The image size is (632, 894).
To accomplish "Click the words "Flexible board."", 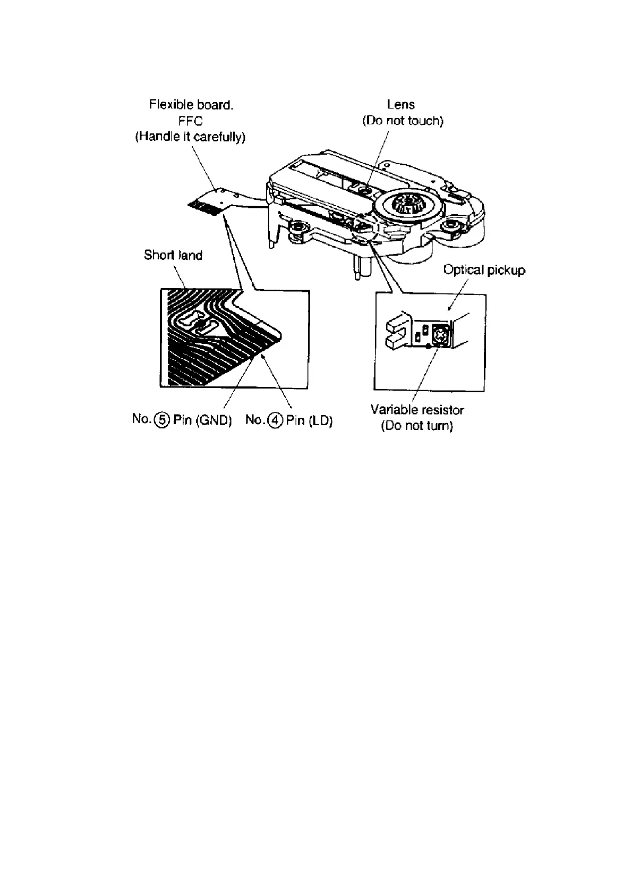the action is click(x=191, y=105).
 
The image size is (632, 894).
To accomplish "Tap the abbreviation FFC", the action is click(x=191, y=121).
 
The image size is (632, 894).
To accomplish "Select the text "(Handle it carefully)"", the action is click(x=190, y=137).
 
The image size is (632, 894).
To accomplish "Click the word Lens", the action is click(x=401, y=105).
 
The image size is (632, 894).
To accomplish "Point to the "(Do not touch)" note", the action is click(x=403, y=121).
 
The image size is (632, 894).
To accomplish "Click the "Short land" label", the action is click(x=173, y=255).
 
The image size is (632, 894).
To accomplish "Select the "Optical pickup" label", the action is click(x=484, y=270).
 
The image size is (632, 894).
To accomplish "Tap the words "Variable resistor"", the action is click(x=417, y=410).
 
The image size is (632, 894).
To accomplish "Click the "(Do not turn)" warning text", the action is click(x=417, y=426).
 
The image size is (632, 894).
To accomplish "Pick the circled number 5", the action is click(x=162, y=420).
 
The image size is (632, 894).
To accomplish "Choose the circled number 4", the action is click(x=275, y=420).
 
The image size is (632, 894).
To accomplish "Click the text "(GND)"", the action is click(x=214, y=420).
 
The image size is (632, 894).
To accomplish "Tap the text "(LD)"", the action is click(x=320, y=421).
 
